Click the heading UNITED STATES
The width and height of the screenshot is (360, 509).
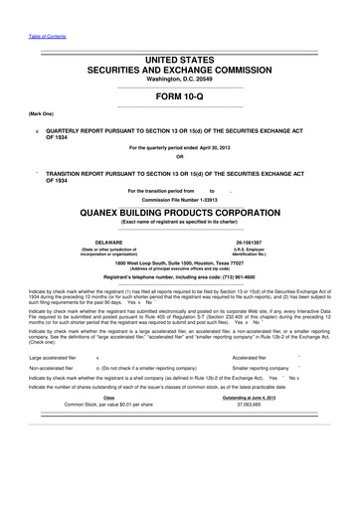point(179,62)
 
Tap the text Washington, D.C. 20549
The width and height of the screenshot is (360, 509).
point(179,84)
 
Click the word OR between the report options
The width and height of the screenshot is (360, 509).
point(179,157)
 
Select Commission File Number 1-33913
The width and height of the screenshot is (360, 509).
point(179,199)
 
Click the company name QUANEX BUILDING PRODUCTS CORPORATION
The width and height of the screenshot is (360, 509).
point(179,212)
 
